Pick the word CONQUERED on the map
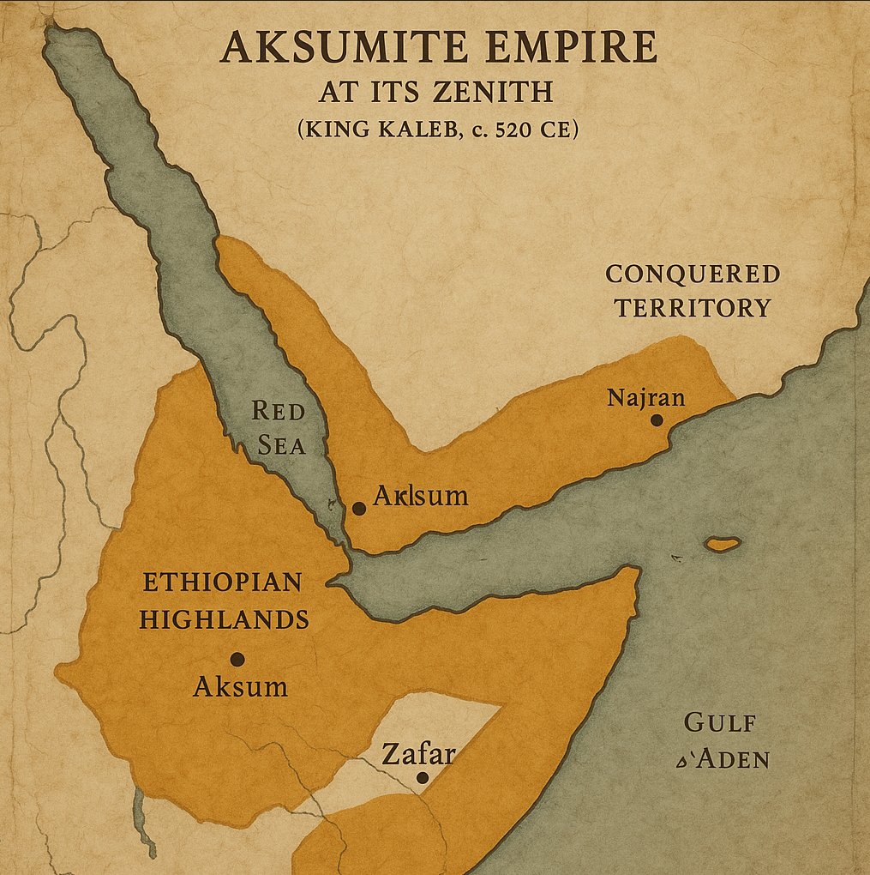pyautogui.click(x=692, y=275)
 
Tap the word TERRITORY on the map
pyautogui.click(x=692, y=308)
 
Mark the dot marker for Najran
pyautogui.click(x=657, y=419)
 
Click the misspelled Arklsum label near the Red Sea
pyautogui.click(x=421, y=495)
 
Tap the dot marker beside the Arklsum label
pyautogui.click(x=359, y=508)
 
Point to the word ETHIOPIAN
pyautogui.click(x=221, y=582)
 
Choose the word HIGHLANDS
pyautogui.click(x=224, y=619)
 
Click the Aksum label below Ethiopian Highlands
pyautogui.click(x=241, y=686)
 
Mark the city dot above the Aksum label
pyautogui.click(x=237, y=659)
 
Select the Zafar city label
pyautogui.click(x=417, y=754)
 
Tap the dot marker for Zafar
pyautogui.click(x=422, y=777)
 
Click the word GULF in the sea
pyautogui.click(x=720, y=722)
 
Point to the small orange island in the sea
pyautogui.click(x=722, y=544)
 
